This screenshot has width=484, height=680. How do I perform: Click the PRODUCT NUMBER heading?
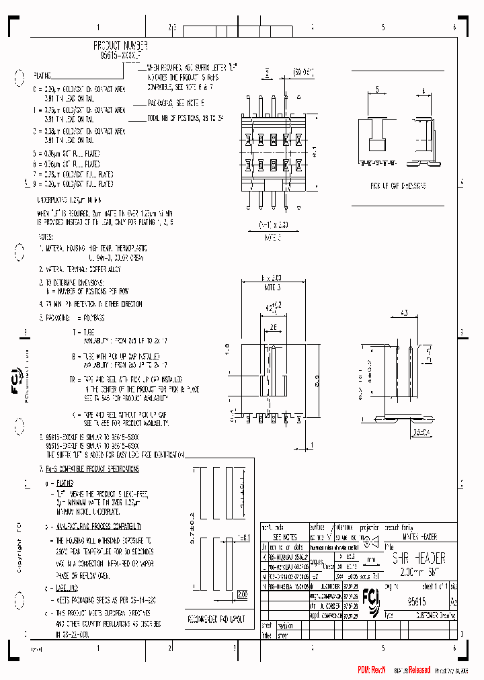[120, 44]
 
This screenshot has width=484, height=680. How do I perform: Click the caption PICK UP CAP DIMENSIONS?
[398, 185]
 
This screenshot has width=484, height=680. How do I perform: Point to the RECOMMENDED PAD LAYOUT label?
[217, 615]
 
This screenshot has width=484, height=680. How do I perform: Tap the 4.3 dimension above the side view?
[423, 312]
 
